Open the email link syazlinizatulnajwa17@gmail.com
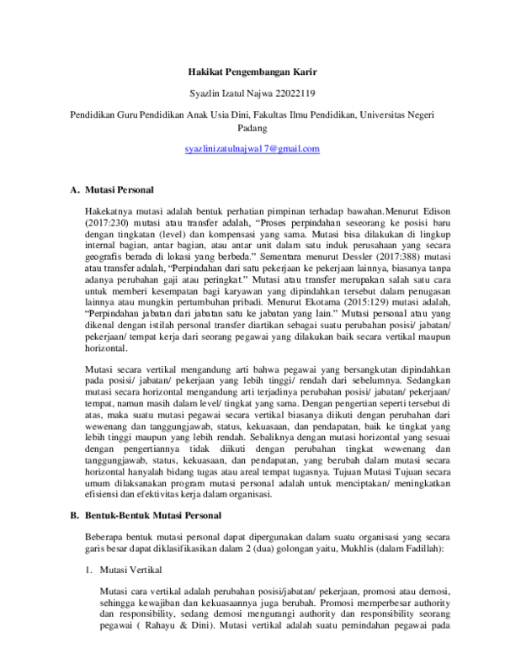tap(252, 149)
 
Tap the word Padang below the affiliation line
tap(252, 128)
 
